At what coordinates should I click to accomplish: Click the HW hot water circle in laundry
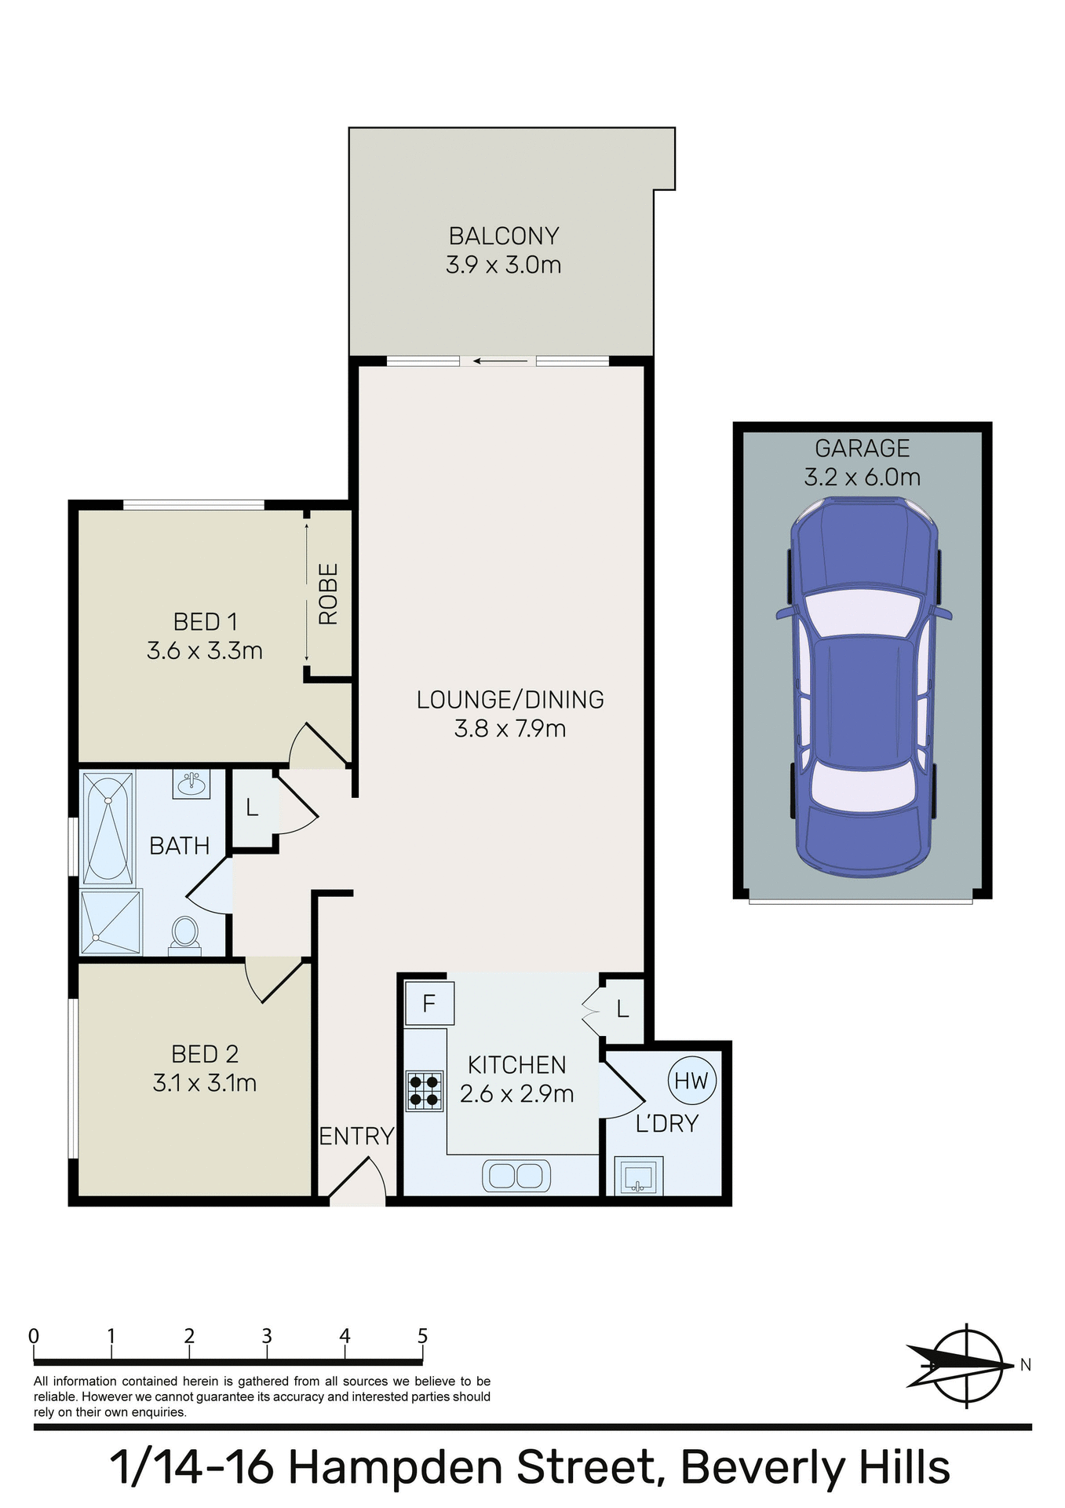(691, 1081)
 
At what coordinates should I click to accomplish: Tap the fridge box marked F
(429, 1004)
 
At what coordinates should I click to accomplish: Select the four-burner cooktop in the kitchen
(424, 1091)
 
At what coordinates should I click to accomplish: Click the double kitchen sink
(516, 1176)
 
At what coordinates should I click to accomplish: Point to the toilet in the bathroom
(185, 933)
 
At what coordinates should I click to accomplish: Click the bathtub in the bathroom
(108, 828)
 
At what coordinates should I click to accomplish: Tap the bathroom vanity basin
(191, 784)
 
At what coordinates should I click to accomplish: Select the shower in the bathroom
(111, 922)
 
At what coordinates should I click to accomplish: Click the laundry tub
(637, 1176)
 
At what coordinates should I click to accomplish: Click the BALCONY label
(504, 236)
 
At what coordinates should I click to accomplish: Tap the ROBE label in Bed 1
(328, 594)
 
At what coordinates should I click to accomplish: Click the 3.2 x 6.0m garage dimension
(862, 477)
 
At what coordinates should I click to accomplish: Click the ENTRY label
(356, 1136)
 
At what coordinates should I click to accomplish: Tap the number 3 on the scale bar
(267, 1336)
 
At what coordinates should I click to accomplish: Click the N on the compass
(1025, 1365)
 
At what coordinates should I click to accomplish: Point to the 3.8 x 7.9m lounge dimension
(510, 729)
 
